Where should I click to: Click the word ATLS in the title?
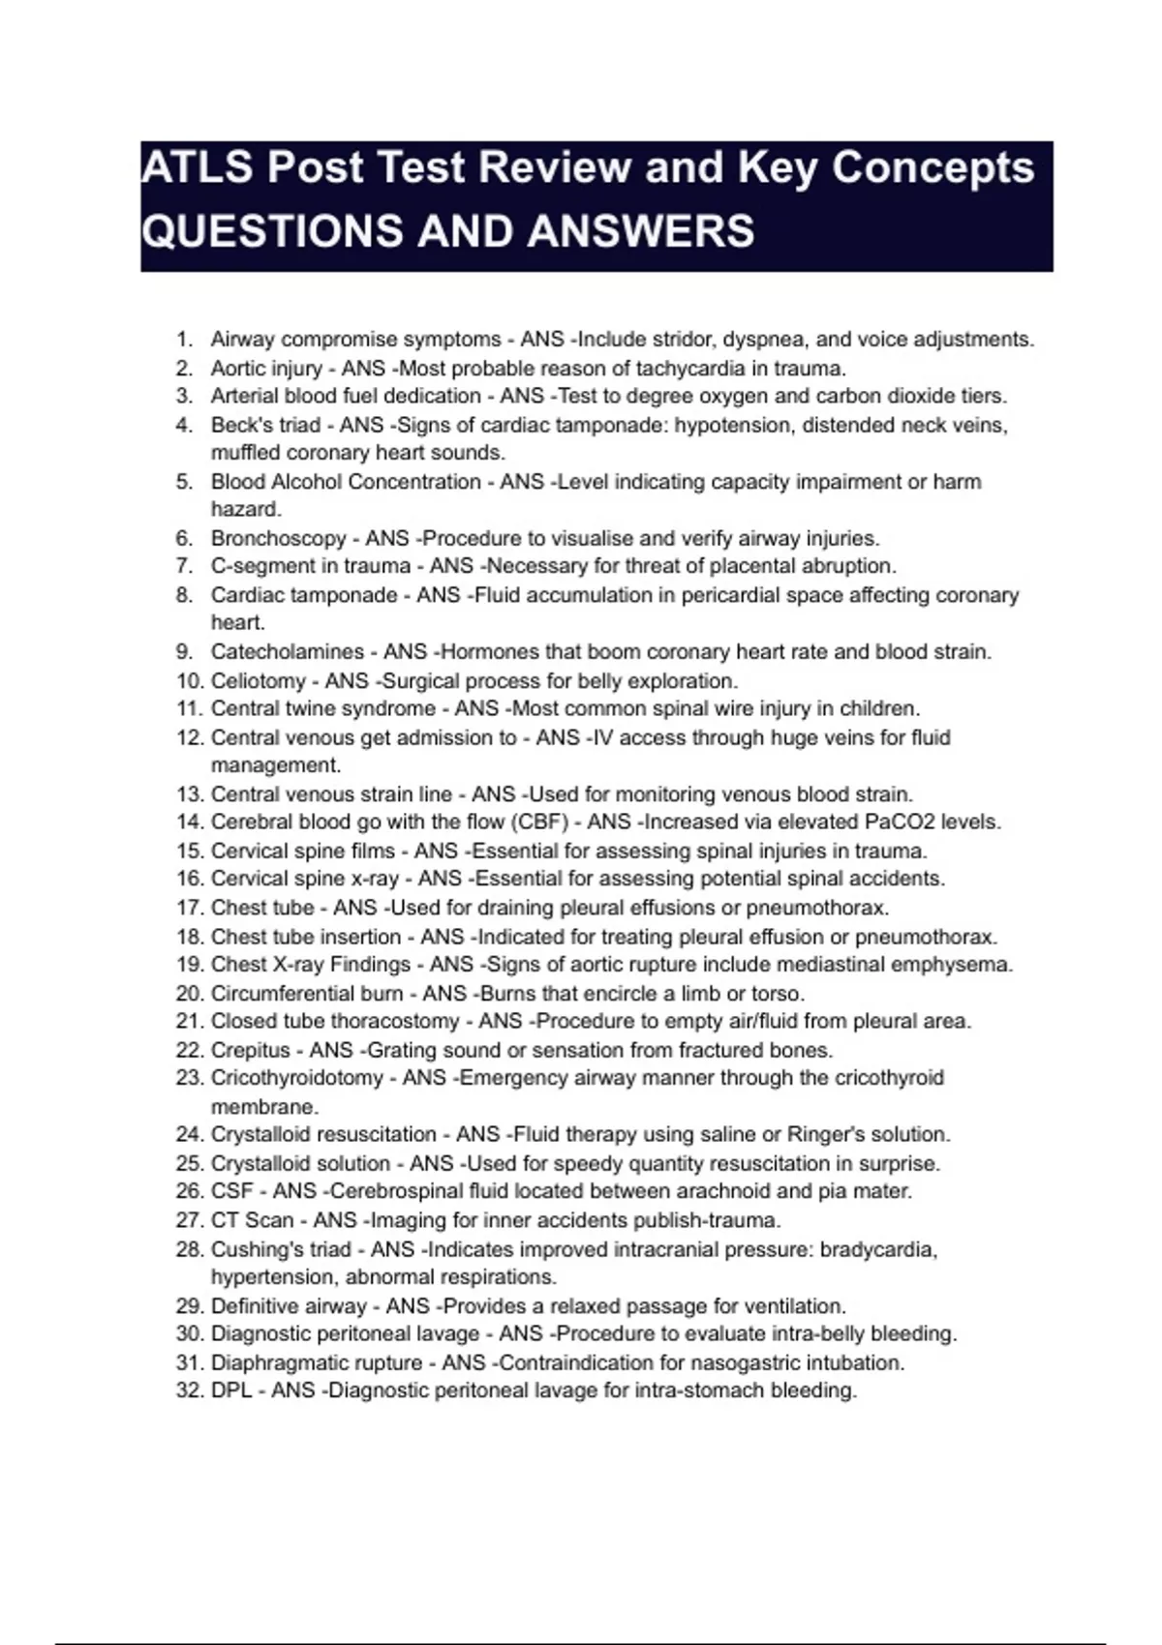coord(198,168)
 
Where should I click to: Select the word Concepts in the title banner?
coord(933,168)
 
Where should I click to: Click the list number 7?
coord(184,566)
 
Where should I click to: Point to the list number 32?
coord(189,1391)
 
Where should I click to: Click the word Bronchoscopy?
coord(278,539)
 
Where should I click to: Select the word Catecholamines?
coord(288,652)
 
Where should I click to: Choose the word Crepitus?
coord(250,1051)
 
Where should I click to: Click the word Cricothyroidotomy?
coord(296,1078)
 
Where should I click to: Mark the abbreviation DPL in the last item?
coord(231,1391)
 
